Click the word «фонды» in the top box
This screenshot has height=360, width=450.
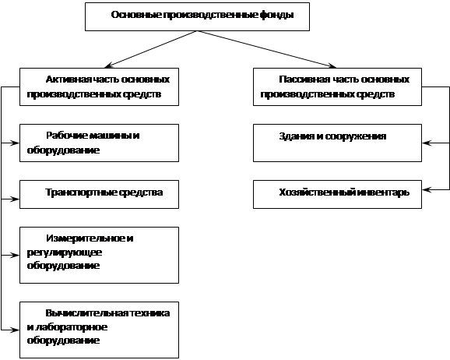276,15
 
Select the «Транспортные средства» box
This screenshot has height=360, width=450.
100,195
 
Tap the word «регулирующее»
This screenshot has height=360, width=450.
65,253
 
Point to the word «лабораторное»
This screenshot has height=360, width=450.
71,327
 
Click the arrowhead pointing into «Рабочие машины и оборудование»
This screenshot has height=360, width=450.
15,143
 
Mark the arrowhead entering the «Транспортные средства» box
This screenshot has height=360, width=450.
15,199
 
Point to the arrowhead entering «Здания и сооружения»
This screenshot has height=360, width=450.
427,143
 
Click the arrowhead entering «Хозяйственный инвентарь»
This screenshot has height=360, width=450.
427,189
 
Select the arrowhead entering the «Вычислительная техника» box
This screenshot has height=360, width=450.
15,330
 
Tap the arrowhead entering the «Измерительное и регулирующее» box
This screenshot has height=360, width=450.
15,255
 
